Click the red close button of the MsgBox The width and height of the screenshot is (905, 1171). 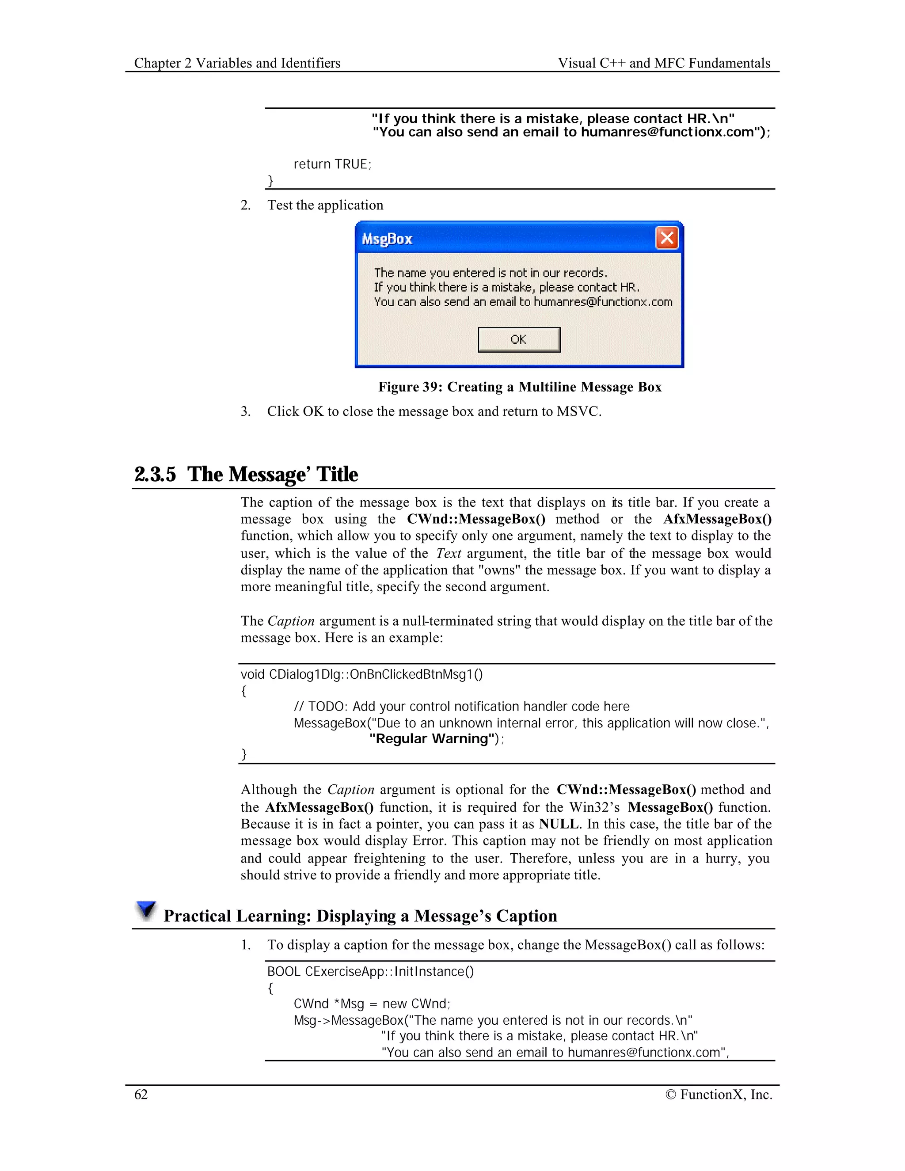667,238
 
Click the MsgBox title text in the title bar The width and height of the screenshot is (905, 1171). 387,239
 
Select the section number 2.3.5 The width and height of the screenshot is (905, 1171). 155,475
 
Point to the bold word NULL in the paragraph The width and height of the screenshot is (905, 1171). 558,824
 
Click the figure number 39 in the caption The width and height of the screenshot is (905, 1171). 430,387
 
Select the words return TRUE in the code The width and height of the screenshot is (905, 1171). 331,164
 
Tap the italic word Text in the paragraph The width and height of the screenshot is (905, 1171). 448,553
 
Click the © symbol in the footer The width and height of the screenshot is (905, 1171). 670,1095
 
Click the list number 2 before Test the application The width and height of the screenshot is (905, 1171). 245,205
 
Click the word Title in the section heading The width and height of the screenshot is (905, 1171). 337,475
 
